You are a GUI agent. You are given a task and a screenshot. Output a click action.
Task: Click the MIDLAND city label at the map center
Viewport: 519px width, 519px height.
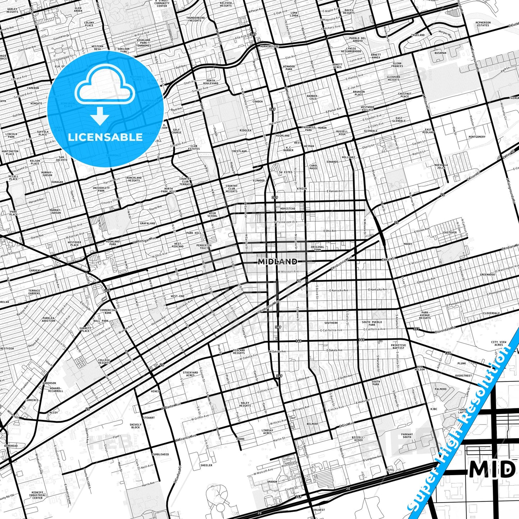coord(278,261)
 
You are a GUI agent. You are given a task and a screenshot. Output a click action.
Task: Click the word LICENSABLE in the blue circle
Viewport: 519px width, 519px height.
coord(105,137)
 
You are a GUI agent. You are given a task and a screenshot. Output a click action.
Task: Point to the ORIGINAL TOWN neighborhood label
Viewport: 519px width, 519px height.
coord(318,248)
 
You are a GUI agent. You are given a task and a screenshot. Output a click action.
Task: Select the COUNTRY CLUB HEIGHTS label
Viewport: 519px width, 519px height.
coord(232,189)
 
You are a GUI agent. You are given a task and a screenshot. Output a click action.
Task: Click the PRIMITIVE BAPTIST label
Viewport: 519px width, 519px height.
coord(398,347)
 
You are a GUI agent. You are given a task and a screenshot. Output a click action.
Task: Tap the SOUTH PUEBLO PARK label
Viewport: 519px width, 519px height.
coord(372,323)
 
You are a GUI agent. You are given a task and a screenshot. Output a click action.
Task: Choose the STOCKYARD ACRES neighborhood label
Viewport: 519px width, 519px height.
coord(190,374)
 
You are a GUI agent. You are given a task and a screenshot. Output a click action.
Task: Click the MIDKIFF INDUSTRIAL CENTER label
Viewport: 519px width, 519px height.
coord(37,495)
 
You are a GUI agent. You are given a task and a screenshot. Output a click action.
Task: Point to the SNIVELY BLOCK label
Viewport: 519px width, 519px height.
coord(135,426)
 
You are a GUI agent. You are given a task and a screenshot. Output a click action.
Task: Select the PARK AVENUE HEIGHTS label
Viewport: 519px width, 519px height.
coord(425,315)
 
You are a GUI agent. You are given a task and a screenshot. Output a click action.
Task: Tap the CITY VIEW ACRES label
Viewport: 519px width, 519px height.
coord(499,343)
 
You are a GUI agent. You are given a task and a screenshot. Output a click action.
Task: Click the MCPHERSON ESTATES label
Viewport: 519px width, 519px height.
coord(483,24)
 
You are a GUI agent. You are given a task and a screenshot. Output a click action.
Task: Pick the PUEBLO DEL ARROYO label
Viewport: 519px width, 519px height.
coord(357,40)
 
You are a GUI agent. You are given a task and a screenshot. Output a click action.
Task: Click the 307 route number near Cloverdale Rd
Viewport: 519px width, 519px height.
coord(416,329)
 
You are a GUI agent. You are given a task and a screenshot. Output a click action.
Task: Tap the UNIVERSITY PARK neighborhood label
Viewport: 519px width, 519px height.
coord(101,189)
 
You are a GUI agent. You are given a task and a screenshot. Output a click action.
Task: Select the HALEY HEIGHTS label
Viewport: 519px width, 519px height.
coord(245,404)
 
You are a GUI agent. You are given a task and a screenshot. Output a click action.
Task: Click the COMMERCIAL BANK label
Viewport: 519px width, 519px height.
coord(108,311)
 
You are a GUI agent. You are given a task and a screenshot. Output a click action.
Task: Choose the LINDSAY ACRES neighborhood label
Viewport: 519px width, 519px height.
coord(267,431)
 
